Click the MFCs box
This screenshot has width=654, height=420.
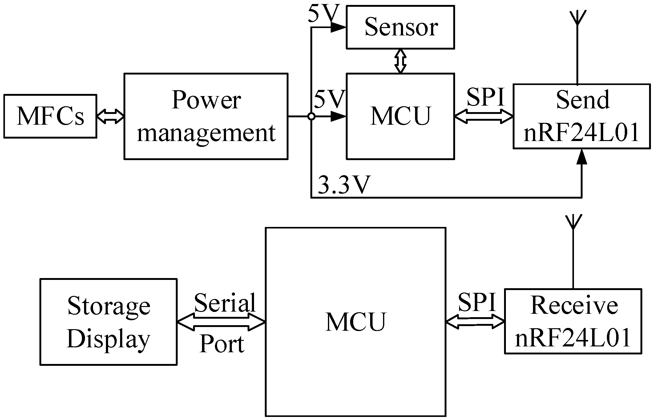pos(50,116)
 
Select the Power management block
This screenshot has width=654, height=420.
pos(206,116)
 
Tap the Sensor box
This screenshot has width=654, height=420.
pos(400,27)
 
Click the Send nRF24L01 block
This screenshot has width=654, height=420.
pos(582,116)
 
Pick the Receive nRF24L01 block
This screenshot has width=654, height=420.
pos(573,321)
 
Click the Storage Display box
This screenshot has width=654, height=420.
pos(108,322)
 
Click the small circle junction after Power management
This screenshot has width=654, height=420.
pos(311,116)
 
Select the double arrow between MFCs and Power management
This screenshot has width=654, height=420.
pos(110,116)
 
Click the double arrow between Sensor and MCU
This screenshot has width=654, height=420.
pos(400,61)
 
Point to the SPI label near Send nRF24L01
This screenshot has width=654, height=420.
pos(486,97)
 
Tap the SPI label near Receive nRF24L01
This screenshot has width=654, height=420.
pos(477,302)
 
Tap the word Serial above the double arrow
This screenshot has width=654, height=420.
pos(225,303)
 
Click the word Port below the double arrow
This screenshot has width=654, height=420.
pos(222,344)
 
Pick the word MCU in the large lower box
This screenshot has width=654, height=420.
pos(356,322)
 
